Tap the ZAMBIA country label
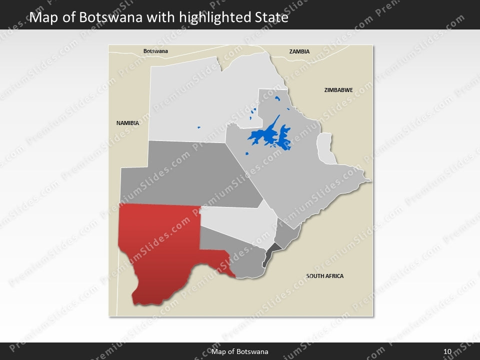click(x=299, y=51)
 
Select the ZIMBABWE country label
click(x=338, y=90)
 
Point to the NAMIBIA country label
click(x=127, y=122)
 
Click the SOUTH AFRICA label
click(x=325, y=276)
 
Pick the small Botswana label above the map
click(x=155, y=51)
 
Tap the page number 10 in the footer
click(x=447, y=352)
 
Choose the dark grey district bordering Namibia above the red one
click(x=190, y=175)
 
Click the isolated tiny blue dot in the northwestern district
click(x=198, y=127)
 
